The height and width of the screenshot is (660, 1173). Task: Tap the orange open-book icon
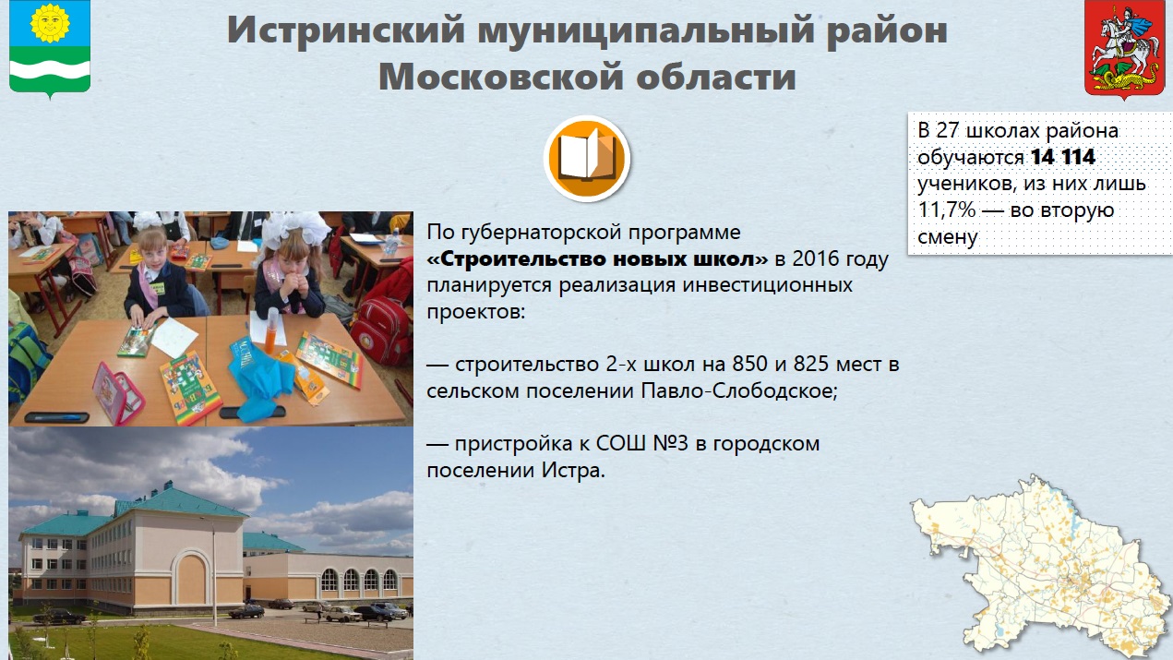(x=587, y=158)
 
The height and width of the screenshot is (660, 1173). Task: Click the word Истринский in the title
(x=346, y=30)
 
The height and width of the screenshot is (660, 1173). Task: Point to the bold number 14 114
(x=1063, y=157)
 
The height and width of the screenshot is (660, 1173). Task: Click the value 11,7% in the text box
(x=947, y=210)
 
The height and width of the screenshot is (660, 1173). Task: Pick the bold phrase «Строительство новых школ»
(x=597, y=258)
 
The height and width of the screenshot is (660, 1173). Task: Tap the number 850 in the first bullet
(x=750, y=364)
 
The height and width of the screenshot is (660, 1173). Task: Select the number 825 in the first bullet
(x=811, y=364)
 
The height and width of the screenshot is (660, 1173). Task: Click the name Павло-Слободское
(x=739, y=390)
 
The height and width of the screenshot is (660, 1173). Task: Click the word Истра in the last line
(x=573, y=471)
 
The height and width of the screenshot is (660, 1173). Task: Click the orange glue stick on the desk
(x=271, y=330)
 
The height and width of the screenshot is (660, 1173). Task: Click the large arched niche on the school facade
(x=191, y=575)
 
